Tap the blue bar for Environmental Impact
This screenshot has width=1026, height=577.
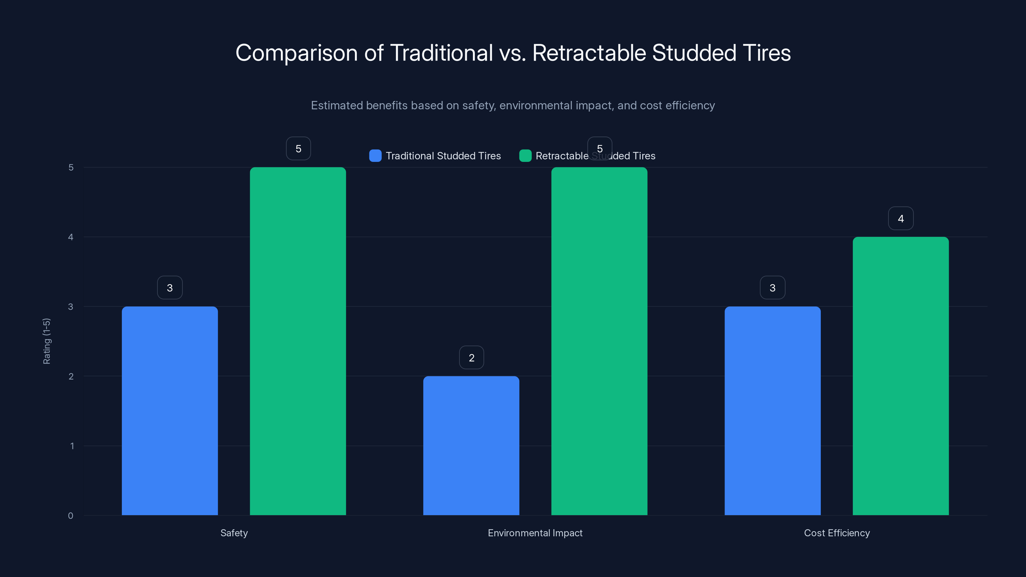[471, 445]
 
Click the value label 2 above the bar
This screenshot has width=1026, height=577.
[472, 358]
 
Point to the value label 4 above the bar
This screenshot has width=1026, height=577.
[901, 218]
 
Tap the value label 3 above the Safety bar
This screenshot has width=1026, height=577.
[170, 288]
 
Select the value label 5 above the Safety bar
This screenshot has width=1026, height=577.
[298, 148]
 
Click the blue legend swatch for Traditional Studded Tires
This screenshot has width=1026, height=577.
[375, 156]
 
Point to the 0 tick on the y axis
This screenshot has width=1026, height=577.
[71, 516]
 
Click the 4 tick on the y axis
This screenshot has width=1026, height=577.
[71, 237]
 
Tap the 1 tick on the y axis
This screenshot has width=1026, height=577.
[72, 446]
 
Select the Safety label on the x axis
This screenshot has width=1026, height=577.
[234, 533]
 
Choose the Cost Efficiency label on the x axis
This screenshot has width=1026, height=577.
[837, 533]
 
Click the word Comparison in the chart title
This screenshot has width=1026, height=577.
[296, 53]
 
